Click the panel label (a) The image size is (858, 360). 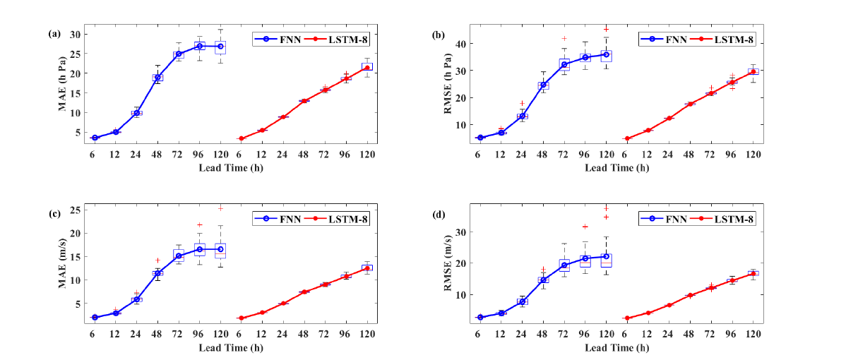pyautogui.click(x=53, y=33)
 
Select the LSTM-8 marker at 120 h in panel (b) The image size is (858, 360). pyautogui.click(x=753, y=71)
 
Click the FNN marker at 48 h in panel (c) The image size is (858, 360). pyautogui.click(x=157, y=272)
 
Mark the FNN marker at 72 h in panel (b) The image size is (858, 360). pyautogui.click(x=564, y=64)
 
